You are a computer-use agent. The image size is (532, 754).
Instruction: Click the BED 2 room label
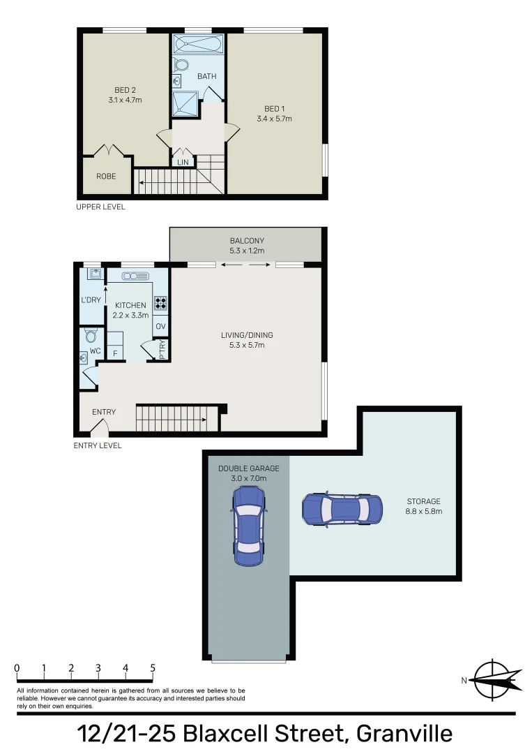(125, 89)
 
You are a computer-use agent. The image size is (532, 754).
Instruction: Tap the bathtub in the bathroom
(199, 45)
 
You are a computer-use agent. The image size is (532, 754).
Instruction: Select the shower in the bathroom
(185, 103)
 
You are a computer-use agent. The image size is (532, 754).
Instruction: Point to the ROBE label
(106, 177)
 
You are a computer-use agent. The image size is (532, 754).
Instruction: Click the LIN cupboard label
(183, 162)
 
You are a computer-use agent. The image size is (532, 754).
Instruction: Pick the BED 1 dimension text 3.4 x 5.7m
(274, 119)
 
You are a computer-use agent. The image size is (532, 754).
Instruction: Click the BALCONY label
(248, 241)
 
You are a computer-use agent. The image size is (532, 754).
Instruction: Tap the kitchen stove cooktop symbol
(160, 303)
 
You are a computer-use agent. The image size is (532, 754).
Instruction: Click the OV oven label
(160, 326)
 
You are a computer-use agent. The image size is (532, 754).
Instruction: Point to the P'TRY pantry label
(162, 348)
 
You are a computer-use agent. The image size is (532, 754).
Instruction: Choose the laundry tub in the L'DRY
(92, 274)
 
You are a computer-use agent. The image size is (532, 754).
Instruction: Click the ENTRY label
(104, 412)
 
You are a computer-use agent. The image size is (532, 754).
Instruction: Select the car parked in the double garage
(249, 526)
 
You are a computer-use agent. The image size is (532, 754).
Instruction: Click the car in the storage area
(342, 510)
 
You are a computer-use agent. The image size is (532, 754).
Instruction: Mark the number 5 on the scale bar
(153, 668)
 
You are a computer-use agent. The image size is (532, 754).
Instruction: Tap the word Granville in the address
(404, 734)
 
